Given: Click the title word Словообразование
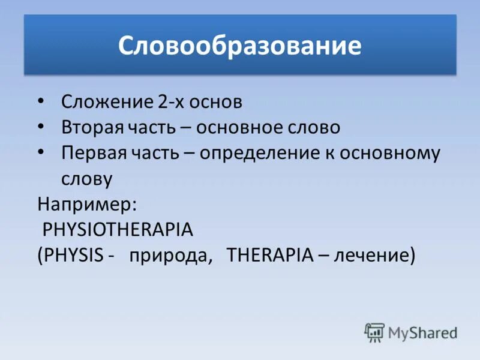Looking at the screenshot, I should pyautogui.click(x=239, y=46).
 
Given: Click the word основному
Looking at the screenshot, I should pyautogui.click(x=390, y=153).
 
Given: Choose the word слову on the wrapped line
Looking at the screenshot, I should pyautogui.click(x=86, y=179).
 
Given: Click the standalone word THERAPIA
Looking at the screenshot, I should pyautogui.click(x=270, y=255).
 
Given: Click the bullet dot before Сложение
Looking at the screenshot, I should pyautogui.click(x=40, y=101).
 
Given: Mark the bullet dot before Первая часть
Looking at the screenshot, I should pyautogui.click(x=40, y=152).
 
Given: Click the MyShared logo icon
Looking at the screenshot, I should pyautogui.click(x=374, y=332).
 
